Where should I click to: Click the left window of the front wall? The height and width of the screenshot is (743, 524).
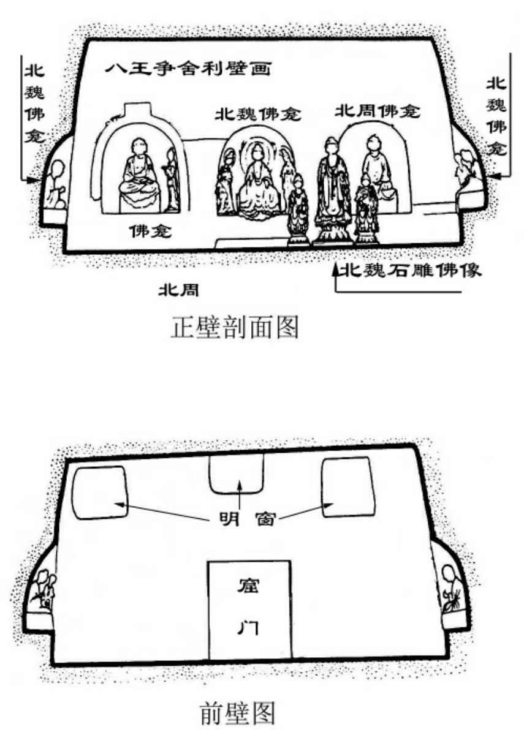pos(101,491)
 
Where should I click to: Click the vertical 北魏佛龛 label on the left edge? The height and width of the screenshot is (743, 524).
pos(31,104)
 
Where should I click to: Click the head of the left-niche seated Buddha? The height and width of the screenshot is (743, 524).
pos(139,148)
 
